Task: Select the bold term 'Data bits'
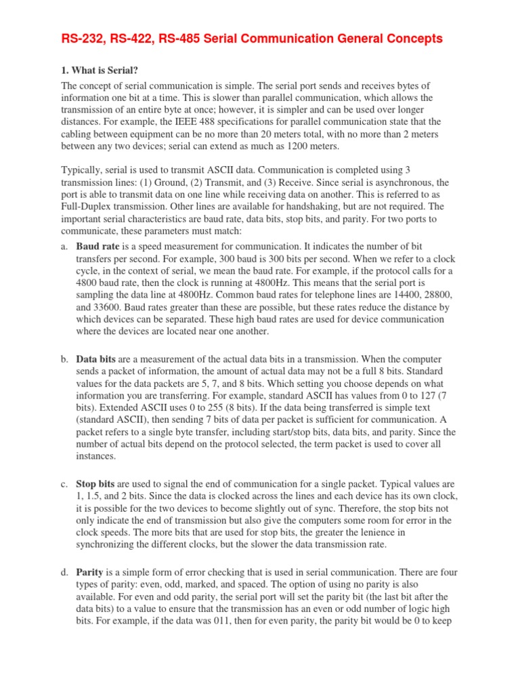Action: (x=96, y=359)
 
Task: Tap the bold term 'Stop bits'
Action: (x=96, y=485)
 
